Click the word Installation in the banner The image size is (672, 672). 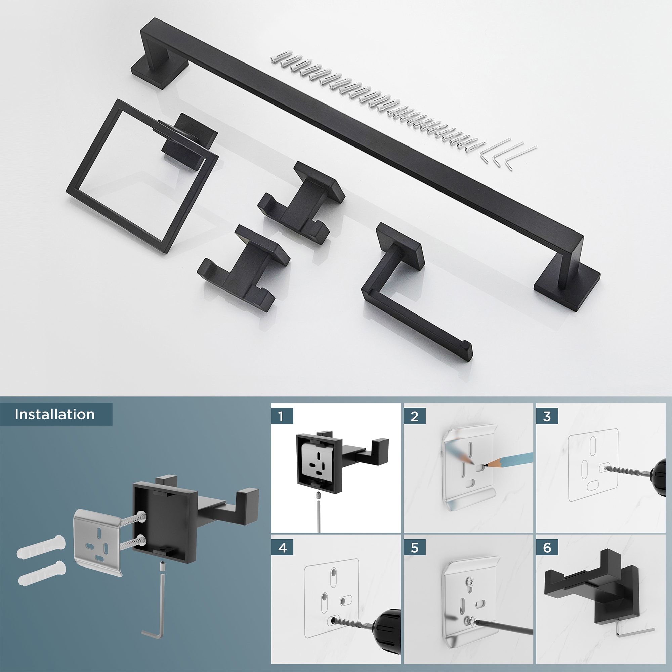tap(55, 414)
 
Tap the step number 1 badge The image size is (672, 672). tap(281, 416)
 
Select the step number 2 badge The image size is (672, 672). tap(414, 416)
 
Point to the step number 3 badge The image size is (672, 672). tap(547, 416)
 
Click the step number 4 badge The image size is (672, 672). tap(282, 548)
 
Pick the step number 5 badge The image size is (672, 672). tap(414, 548)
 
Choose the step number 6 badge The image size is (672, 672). tap(547, 548)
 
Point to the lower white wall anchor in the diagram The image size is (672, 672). tap(42, 573)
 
